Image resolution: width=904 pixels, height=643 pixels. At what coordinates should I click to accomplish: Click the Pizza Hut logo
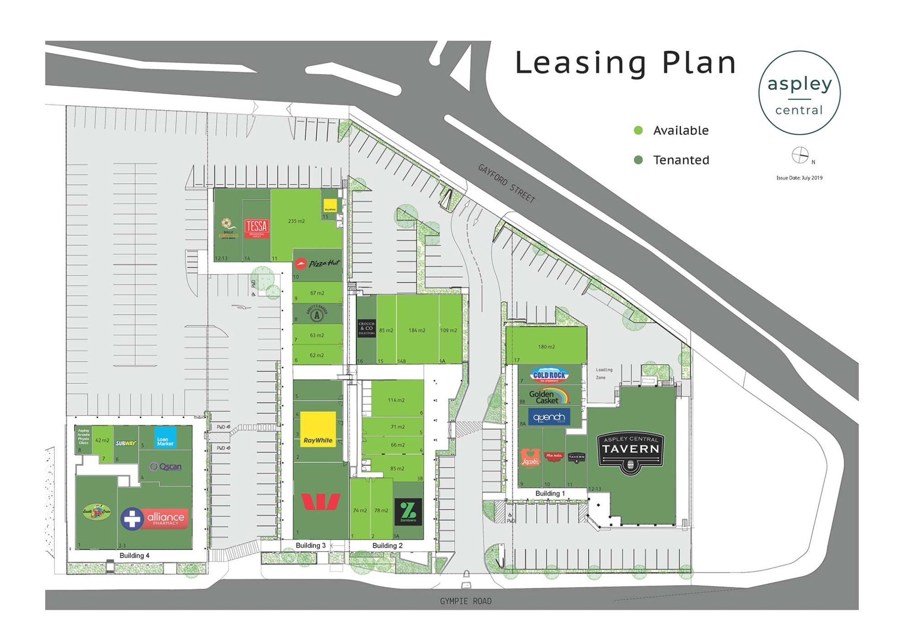pos(318,264)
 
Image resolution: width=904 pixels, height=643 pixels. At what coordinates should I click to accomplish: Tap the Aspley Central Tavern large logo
pos(630,452)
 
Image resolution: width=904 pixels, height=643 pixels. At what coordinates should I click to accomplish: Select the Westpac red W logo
pos(321,502)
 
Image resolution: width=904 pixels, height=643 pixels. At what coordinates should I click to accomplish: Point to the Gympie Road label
pos(466,601)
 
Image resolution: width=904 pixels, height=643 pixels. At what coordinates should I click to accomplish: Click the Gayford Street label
pos(506,183)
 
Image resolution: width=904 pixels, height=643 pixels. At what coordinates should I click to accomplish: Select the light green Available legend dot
pos(638,130)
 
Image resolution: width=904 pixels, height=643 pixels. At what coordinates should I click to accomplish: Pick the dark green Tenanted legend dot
pos(638,160)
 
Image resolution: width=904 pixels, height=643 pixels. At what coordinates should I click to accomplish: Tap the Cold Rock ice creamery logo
pos(549,375)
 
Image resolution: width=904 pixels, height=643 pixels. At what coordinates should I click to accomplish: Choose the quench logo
pos(549,417)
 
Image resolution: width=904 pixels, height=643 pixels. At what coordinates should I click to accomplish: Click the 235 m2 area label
pos(296,221)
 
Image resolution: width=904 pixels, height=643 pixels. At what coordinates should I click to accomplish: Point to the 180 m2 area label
pos(546,347)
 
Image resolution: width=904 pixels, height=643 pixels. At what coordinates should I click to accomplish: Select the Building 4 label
pos(134,555)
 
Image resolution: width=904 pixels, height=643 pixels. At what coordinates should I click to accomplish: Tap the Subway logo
pos(126,443)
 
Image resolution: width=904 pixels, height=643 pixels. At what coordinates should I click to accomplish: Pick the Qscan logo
pos(166,467)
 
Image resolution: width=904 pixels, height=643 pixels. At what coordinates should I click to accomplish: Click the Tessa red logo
pos(257,228)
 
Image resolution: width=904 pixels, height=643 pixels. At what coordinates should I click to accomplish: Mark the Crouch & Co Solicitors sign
pos(366,328)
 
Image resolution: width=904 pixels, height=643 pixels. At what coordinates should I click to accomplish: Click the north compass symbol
pos(800,156)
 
